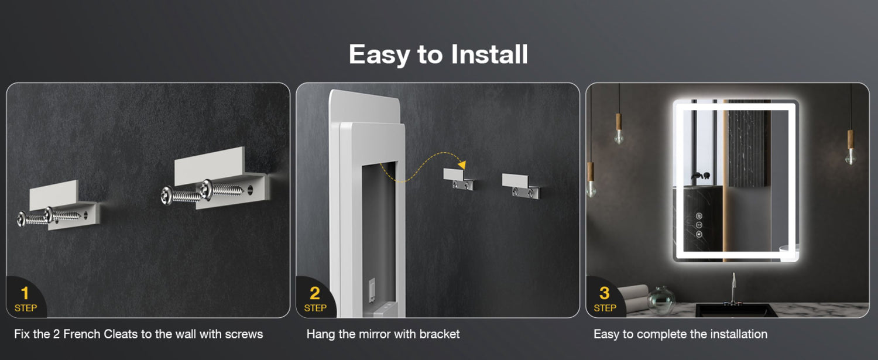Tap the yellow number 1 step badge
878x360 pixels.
pos(26,299)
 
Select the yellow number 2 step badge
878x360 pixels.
pos(315,299)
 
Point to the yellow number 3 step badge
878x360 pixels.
pos(605,299)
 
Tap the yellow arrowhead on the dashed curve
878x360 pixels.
pos(462,164)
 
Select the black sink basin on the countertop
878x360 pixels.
pos(736,311)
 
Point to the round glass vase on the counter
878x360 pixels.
pos(661,300)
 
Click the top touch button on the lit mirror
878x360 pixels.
pos(699,215)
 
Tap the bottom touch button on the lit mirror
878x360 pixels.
pos(699,234)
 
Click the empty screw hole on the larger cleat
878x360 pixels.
pos(250,191)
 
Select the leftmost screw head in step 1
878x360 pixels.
pos(22,219)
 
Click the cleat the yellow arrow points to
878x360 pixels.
pos(458,179)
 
